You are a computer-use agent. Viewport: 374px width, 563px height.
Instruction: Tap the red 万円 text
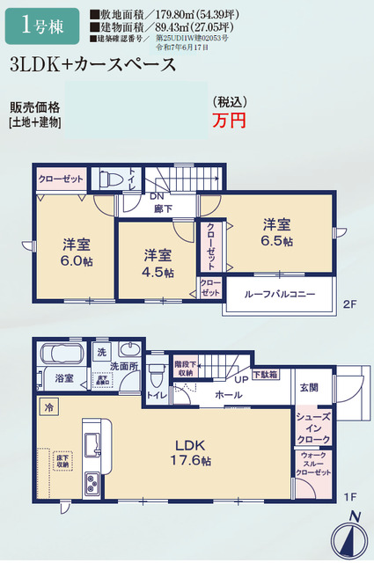coord(229,121)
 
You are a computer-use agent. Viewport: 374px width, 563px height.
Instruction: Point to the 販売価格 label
coord(35,107)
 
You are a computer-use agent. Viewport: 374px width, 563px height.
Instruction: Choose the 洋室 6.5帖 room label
coord(277,233)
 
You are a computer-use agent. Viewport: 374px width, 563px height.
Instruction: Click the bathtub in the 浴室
coord(62,356)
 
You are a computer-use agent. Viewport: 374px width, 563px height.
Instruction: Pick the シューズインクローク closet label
coord(313,428)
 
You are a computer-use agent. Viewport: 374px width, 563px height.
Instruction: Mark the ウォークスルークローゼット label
coord(313,464)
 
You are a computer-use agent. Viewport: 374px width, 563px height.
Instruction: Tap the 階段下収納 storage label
coord(184,367)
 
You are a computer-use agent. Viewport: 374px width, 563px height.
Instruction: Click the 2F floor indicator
coord(348,304)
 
